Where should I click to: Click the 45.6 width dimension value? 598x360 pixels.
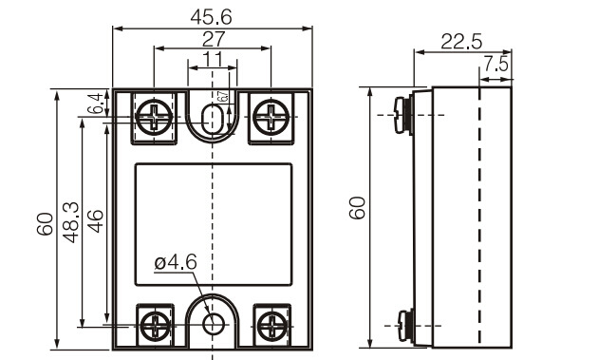211,17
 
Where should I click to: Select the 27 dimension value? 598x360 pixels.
214,39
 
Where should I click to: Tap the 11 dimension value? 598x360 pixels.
213,60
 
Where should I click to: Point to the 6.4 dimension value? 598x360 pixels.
95,104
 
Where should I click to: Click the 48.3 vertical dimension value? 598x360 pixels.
71,222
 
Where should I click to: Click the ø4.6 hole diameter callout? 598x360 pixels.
176,263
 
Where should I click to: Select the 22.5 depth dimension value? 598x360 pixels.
461,42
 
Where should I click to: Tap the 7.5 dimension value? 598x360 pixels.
496,64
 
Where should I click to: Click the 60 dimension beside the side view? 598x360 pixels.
357,208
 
